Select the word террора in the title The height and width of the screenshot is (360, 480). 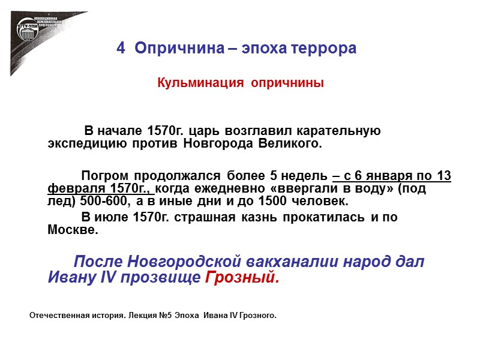326,49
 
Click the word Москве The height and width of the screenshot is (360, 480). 72,229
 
